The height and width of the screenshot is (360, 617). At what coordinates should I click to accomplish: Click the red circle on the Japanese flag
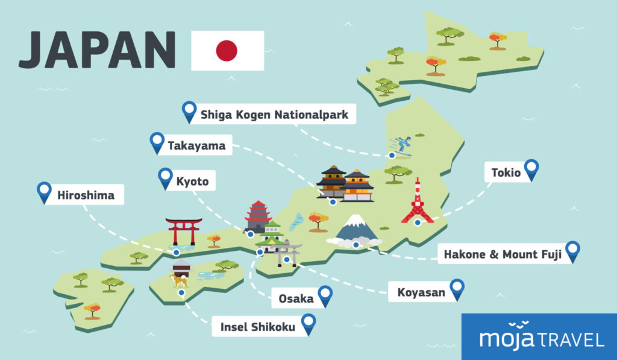(x=227, y=51)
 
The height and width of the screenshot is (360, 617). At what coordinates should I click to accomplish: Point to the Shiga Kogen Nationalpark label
(x=274, y=114)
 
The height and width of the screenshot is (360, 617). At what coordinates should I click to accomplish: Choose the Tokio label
(x=506, y=173)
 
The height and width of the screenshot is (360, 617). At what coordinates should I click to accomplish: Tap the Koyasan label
(x=422, y=293)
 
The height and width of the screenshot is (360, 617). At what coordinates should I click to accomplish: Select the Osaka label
(x=296, y=298)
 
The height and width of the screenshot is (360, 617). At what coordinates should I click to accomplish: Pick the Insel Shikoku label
(x=257, y=327)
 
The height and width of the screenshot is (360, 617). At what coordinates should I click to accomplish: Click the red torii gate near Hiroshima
(x=184, y=230)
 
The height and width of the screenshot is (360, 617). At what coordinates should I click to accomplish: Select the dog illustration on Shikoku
(x=179, y=280)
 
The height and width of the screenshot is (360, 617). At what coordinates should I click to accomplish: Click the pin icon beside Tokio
(x=531, y=169)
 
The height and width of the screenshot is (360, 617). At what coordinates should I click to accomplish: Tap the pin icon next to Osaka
(x=325, y=295)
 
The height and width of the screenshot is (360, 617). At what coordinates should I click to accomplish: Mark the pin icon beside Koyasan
(x=457, y=289)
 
